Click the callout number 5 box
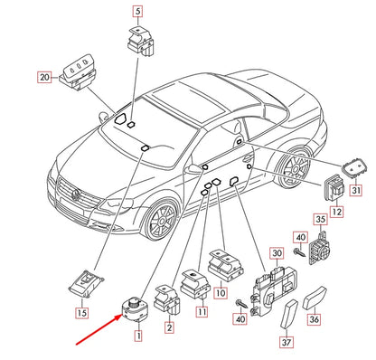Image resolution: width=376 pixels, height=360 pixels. pos(137,12)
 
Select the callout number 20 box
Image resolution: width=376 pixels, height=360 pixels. pos(44,77)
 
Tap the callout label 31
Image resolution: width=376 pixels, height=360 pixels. pos(356,190)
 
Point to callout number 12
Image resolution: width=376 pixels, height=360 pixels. pos(336,212)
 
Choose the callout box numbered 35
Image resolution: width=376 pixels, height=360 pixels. pos(321,219)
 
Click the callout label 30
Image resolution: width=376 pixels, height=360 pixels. pos(277,253)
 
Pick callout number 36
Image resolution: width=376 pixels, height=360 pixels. pos(314,318)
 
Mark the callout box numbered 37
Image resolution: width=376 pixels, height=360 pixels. pos(287,342)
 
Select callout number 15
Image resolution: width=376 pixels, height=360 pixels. pos(81,312)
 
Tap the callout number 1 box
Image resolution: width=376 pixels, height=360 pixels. pos(138,336)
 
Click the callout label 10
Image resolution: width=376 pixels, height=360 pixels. pos(221,292)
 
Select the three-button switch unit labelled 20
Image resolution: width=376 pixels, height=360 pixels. pos(78,76)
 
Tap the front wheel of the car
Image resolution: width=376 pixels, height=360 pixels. pos(161,219)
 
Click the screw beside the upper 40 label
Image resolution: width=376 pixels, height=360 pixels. pos(299,251)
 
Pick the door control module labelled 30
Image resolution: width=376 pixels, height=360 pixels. pos(273,291)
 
